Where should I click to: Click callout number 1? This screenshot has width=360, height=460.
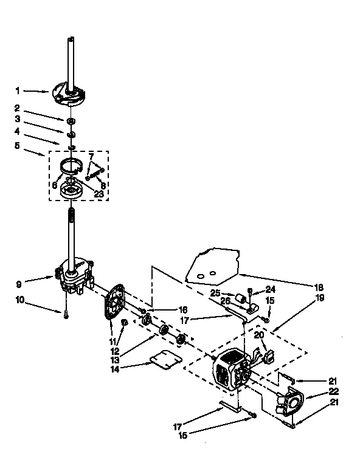click(x=18, y=91)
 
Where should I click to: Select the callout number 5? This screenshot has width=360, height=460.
click(x=18, y=146)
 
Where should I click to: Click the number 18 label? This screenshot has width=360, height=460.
click(x=319, y=287)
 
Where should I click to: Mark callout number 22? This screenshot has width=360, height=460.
click(x=334, y=391)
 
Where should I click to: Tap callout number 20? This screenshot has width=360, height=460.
click(x=258, y=335)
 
